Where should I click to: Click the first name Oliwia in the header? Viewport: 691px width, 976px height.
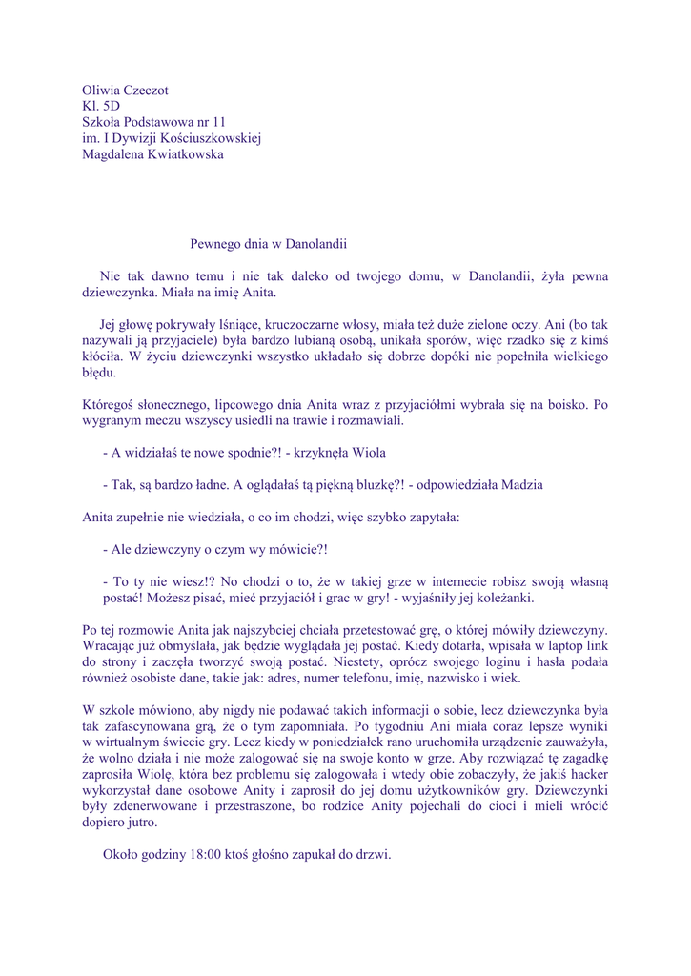coord(101,90)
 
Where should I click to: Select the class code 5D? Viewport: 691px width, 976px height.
coord(112,106)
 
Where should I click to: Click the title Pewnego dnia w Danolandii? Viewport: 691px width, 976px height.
coord(268,244)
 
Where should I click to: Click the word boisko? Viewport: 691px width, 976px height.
coord(565,404)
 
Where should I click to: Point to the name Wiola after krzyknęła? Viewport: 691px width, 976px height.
coord(368,453)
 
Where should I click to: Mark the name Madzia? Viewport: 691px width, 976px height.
coord(522,485)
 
